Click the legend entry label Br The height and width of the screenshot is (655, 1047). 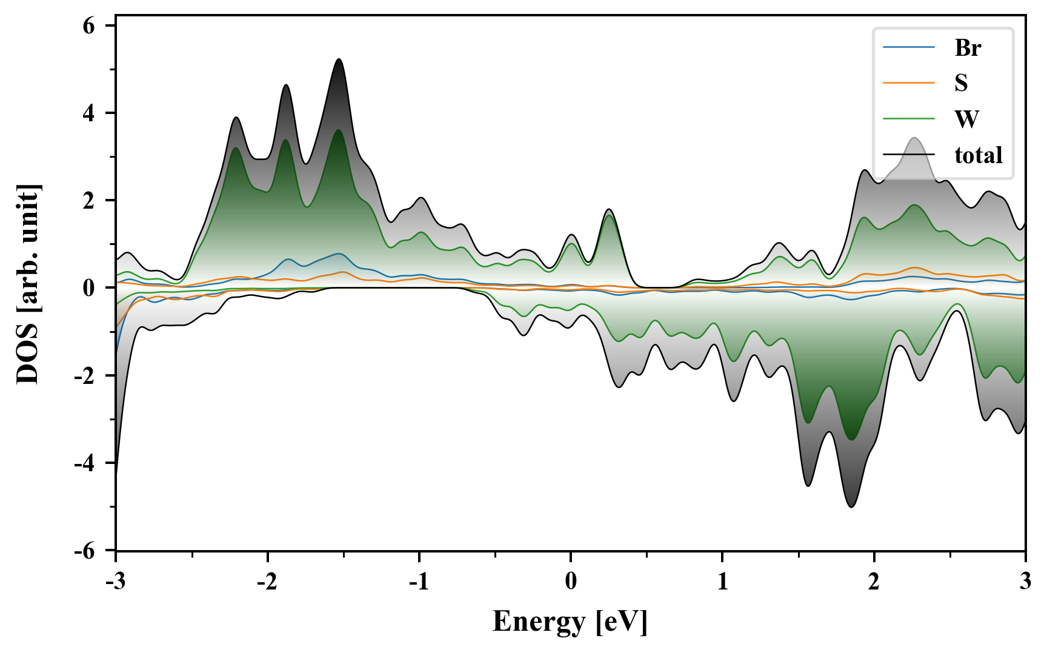click(x=967, y=48)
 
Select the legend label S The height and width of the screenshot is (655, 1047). click(x=961, y=83)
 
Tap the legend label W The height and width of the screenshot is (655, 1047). click(x=966, y=119)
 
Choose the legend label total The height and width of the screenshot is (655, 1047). click(x=978, y=155)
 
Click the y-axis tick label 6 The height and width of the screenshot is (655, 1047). click(x=89, y=26)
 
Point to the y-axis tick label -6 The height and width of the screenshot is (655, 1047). click(x=85, y=551)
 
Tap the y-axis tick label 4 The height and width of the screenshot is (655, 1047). click(x=89, y=113)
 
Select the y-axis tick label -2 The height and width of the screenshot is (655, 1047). click(x=85, y=376)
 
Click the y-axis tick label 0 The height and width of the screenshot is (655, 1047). click(x=89, y=288)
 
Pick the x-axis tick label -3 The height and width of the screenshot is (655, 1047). click(x=115, y=582)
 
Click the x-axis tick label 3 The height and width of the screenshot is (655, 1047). click(x=1025, y=582)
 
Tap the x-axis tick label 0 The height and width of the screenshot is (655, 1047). click(x=571, y=582)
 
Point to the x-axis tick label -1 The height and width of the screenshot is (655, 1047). click(x=419, y=582)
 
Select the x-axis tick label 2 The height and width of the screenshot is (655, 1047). click(x=874, y=582)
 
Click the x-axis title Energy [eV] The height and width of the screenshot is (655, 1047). click(x=570, y=622)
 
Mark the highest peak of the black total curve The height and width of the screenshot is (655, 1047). click(x=339, y=59)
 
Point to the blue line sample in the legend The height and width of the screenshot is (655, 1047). click(x=908, y=48)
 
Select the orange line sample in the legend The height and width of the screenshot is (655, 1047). click(x=908, y=83)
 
